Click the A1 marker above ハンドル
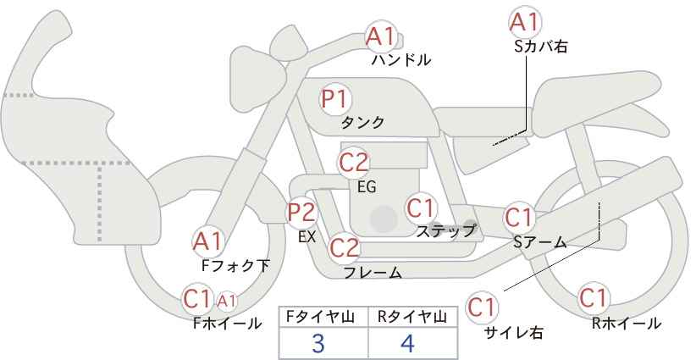(380, 36)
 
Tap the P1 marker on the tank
(335, 99)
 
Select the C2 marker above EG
(354, 163)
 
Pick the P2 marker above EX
(301, 213)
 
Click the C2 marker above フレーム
(344, 247)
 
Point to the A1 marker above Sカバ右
(525, 22)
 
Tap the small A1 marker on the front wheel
(226, 301)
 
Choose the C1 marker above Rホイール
(594, 297)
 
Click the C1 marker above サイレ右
(482, 307)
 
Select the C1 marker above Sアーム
(519, 218)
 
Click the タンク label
(362, 123)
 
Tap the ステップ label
(445, 231)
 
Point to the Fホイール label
(227, 324)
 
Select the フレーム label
(373, 273)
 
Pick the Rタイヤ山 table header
(412, 317)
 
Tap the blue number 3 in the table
(318, 343)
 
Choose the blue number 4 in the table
(407, 343)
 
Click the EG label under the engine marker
(367, 187)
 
